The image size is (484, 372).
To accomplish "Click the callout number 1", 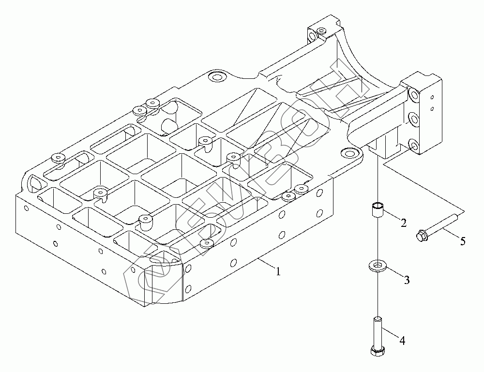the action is point(278,272).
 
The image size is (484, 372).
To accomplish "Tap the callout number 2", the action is point(403,223).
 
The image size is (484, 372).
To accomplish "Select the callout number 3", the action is point(407,279).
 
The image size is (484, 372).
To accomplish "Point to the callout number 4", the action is point(402,341).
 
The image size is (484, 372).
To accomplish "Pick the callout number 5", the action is point(463,241).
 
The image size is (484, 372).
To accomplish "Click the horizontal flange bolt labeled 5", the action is point(438,228).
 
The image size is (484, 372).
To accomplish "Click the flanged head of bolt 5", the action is point(421,236).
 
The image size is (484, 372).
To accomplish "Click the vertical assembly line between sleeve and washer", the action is point(376,239).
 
